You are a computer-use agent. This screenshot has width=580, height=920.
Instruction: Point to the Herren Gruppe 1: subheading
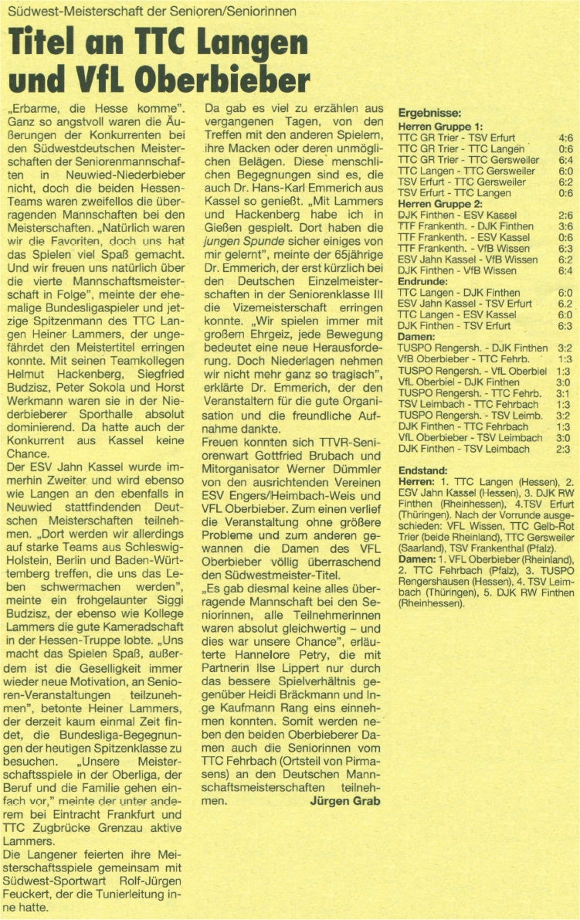(x=439, y=126)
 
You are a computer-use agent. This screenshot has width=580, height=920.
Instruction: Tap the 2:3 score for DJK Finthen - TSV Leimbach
(x=565, y=449)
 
